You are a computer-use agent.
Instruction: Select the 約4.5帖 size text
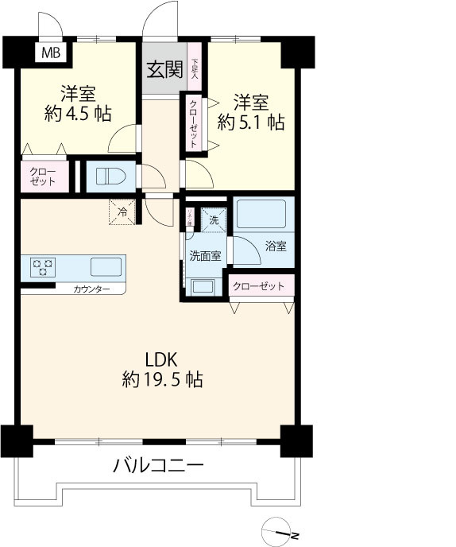coord(77,113)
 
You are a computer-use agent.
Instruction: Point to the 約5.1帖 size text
coord(251,122)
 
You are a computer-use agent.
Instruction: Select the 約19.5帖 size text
coord(163,380)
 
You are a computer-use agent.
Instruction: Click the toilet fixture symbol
coord(105,177)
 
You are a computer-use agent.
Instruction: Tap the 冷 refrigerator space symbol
coord(123,211)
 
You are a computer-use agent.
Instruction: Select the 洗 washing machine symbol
coord(213,219)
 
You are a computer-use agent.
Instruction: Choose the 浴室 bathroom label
coord(275,246)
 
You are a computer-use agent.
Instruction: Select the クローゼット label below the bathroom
coord(258,286)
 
